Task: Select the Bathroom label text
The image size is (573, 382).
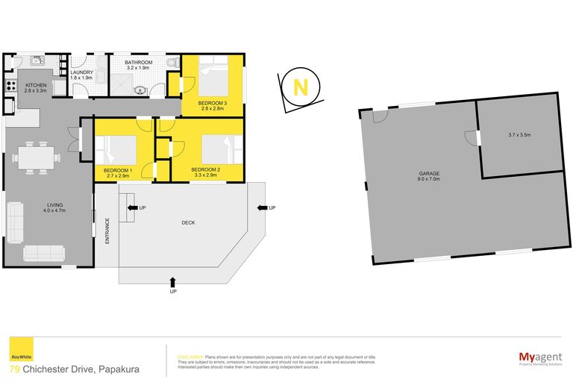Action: pos(139,65)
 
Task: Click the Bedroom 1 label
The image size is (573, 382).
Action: pos(118,172)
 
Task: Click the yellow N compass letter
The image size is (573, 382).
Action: pos(300,87)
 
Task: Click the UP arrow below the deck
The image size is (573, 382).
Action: pos(173,283)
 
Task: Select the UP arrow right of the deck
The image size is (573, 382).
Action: pos(262,207)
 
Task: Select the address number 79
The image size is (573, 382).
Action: pos(15,369)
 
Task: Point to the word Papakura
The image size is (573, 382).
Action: pos(116,369)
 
